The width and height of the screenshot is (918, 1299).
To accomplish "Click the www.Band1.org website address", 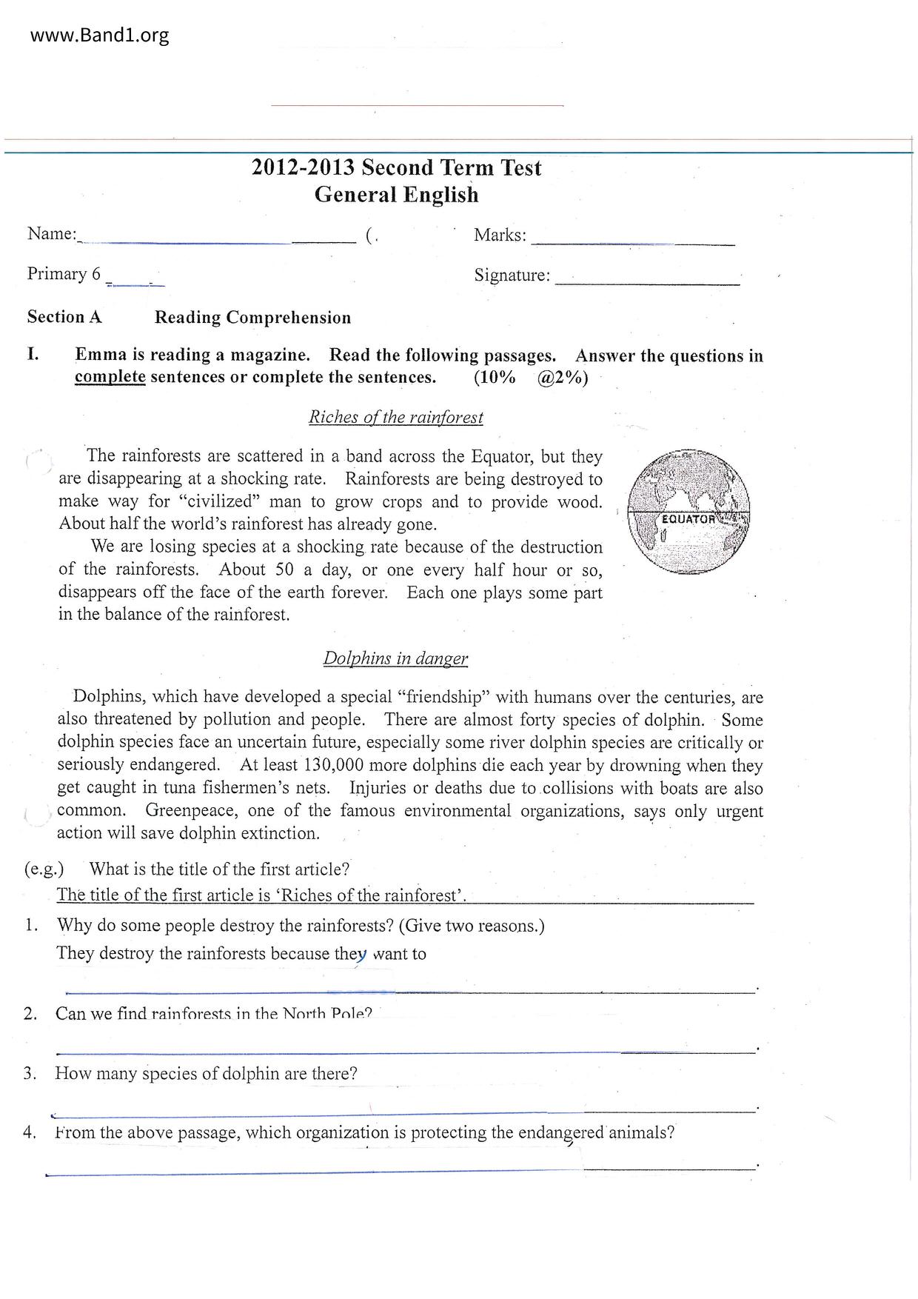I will click(100, 36).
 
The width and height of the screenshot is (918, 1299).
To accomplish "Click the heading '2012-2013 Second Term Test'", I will click(396, 168).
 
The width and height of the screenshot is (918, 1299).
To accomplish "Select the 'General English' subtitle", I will click(396, 195).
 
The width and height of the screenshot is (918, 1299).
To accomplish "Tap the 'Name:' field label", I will click(52, 234).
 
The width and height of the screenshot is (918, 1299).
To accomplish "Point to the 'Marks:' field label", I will click(500, 236).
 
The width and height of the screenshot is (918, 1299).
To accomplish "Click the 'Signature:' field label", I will click(512, 276).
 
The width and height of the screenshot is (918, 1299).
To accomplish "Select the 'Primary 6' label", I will click(64, 274).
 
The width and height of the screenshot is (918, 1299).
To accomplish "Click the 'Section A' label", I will click(64, 317).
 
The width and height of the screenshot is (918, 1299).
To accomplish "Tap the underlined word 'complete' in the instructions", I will click(110, 377).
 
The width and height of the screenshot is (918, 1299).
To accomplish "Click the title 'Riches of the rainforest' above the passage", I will click(395, 417).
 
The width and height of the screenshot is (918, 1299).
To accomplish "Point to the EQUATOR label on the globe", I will click(688, 518).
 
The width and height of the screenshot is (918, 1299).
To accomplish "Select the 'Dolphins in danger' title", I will click(395, 658).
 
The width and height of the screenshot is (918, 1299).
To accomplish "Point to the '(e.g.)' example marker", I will click(44, 869).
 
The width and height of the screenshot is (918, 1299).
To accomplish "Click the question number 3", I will click(30, 1074).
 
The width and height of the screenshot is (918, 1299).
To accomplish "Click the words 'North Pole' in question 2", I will click(324, 1014).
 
